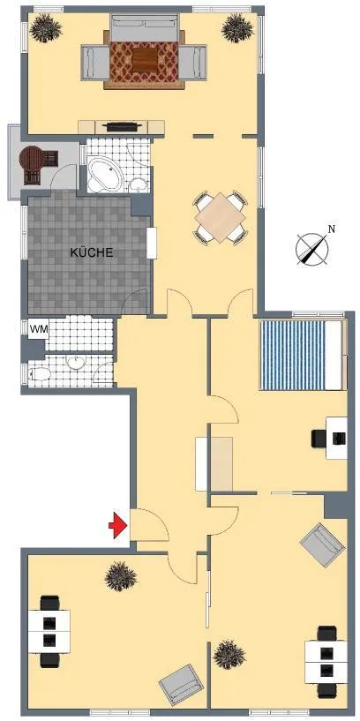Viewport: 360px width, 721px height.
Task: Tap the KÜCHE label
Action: pyautogui.click(x=92, y=252)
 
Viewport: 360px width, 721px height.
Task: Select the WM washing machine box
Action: pyautogui.click(x=38, y=329)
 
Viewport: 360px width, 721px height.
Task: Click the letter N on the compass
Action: pyautogui.click(x=331, y=229)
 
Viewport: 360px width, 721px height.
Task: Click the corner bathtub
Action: pyautogui.click(x=105, y=174)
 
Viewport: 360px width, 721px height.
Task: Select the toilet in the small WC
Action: pyautogui.click(x=39, y=374)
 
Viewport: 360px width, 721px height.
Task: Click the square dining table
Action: pyautogui.click(x=220, y=217)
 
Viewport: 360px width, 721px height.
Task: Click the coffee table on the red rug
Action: pyautogui.click(x=144, y=60)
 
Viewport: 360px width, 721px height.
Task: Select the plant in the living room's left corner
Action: pyautogui.click(x=45, y=27)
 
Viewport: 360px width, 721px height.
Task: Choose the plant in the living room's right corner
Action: pyautogui.click(x=237, y=27)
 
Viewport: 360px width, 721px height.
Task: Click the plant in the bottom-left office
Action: pyautogui.click(x=121, y=576)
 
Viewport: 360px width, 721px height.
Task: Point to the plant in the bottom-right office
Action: pyautogui.click(x=229, y=654)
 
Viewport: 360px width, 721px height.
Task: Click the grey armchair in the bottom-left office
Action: pyautogui.click(x=181, y=685)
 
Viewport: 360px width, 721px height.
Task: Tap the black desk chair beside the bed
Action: pyautogui.click(x=320, y=439)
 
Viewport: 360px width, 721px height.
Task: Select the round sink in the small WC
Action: pyautogui.click(x=75, y=362)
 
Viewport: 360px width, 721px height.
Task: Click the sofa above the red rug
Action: pyautogui.click(x=144, y=27)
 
